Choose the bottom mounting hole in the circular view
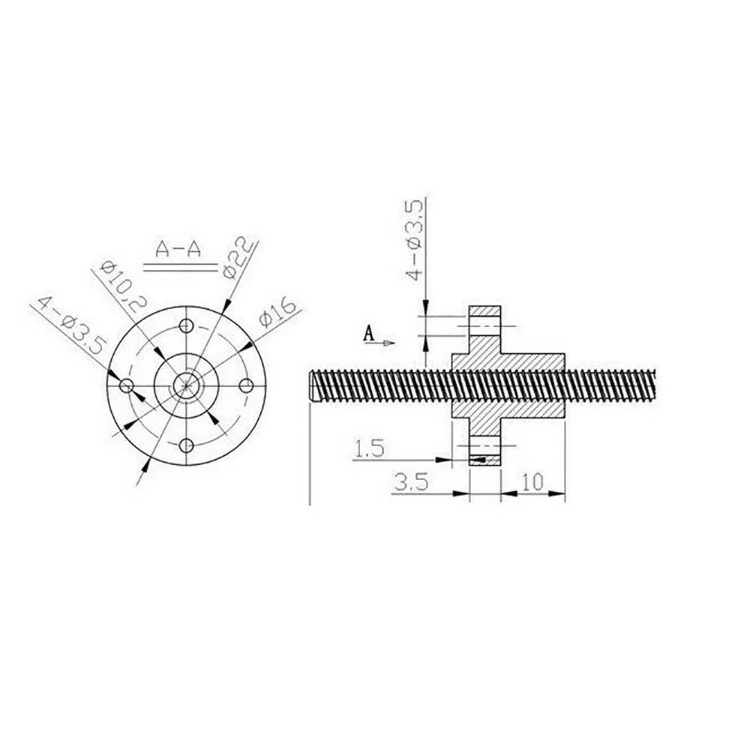click(185, 447)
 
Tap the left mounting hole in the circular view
click(126, 385)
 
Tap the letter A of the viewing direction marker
click(368, 332)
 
